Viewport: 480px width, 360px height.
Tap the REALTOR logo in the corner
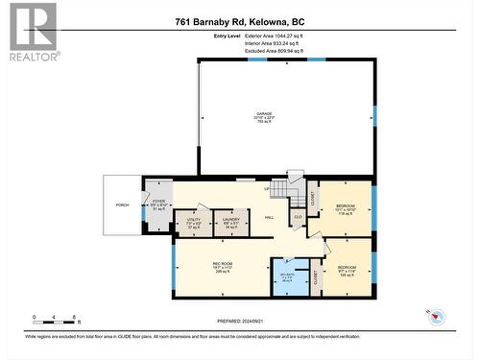pyautogui.click(x=33, y=33)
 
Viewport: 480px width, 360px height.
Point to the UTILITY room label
pyautogui.click(x=193, y=222)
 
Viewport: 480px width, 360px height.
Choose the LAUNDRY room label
pyautogui.click(x=230, y=222)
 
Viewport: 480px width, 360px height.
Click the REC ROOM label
pyautogui.click(x=223, y=265)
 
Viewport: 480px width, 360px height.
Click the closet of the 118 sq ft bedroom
pyautogui.click(x=312, y=197)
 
